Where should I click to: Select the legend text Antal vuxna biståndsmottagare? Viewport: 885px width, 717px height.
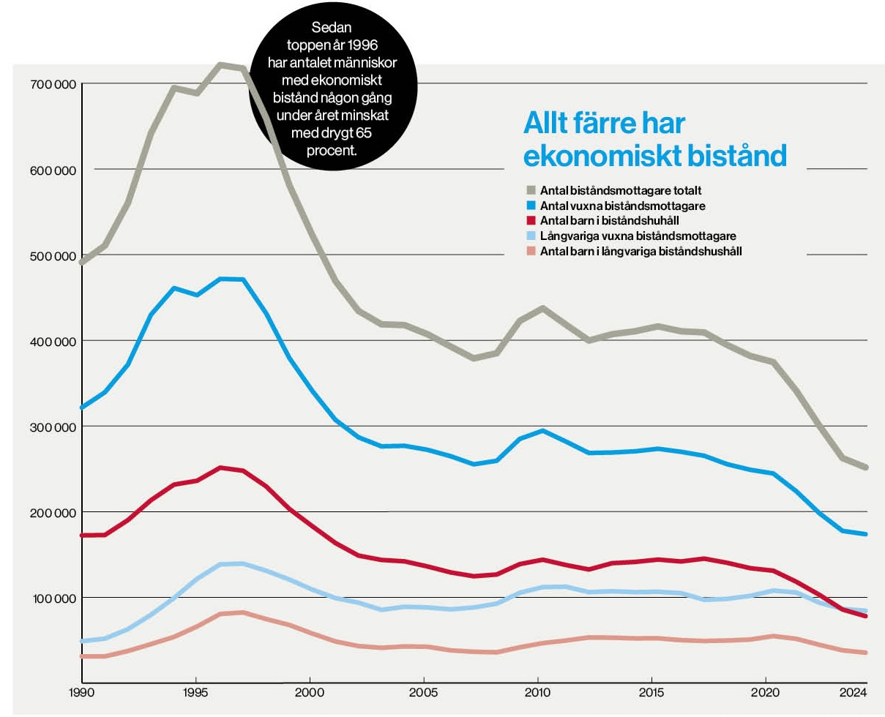coord(622,206)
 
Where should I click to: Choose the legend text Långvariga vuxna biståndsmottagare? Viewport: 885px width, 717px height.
coord(638,236)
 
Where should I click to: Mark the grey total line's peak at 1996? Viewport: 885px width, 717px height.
coord(220,64)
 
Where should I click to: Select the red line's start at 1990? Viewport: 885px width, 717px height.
coord(83,536)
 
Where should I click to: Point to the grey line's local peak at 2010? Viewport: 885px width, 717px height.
coord(539,308)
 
